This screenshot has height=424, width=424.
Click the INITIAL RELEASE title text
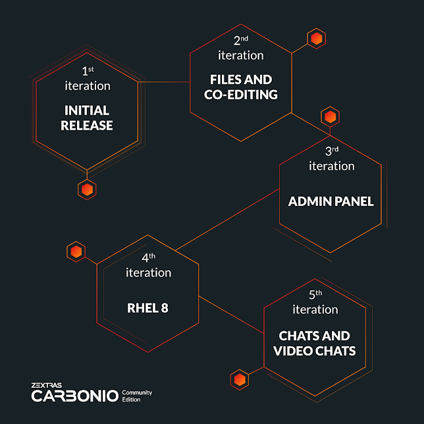[x=87, y=118]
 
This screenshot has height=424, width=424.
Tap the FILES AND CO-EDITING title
[x=241, y=87]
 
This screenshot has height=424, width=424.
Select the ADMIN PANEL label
[x=331, y=201]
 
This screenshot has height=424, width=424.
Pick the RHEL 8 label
[x=147, y=308]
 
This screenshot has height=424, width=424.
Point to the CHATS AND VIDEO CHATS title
[x=315, y=344]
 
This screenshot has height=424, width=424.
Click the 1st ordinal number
[x=88, y=71]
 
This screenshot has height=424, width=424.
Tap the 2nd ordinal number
[x=241, y=41]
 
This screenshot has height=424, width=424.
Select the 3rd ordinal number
[x=332, y=151]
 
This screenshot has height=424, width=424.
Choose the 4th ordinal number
[x=148, y=257]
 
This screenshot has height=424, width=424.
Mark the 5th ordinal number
[x=315, y=294]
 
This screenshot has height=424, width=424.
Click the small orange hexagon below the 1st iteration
[x=87, y=190]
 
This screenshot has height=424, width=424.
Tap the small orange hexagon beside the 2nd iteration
[x=317, y=39]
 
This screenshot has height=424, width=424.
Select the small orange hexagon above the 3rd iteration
[x=330, y=117]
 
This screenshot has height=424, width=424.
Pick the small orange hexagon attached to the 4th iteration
[x=76, y=252]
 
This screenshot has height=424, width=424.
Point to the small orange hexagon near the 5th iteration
[x=240, y=380]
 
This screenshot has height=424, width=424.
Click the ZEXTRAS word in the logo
[x=47, y=385]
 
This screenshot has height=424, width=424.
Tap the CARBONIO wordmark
[x=75, y=396]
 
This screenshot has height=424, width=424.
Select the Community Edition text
[x=137, y=396]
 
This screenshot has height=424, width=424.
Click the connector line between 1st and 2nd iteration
[x=164, y=82]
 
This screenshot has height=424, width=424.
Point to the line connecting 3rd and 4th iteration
[x=227, y=220]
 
